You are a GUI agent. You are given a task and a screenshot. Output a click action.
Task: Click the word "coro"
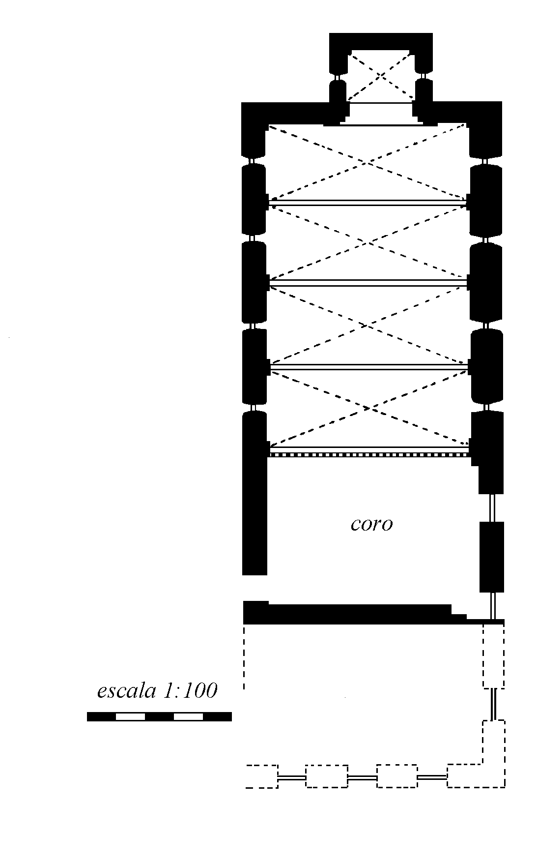(371, 524)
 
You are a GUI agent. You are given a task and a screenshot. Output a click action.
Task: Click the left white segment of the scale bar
(130, 716)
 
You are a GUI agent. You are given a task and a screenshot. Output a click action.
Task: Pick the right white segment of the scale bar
(188, 716)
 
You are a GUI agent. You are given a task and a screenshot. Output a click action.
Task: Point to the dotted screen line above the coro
(368, 455)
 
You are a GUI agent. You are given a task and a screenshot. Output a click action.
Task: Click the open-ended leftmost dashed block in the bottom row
(261, 776)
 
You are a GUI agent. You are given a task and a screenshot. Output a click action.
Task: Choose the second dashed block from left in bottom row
(327, 776)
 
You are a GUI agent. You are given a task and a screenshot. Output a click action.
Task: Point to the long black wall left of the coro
(254, 516)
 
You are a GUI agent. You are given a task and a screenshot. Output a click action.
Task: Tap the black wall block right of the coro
(491, 557)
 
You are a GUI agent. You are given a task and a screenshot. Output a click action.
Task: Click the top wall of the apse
(381, 41)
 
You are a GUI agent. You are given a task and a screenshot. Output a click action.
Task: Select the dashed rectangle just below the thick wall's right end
(493, 656)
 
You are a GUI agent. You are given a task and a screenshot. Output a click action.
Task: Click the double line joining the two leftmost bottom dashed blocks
(292, 777)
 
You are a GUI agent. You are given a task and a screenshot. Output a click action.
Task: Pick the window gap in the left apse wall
(338, 77)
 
